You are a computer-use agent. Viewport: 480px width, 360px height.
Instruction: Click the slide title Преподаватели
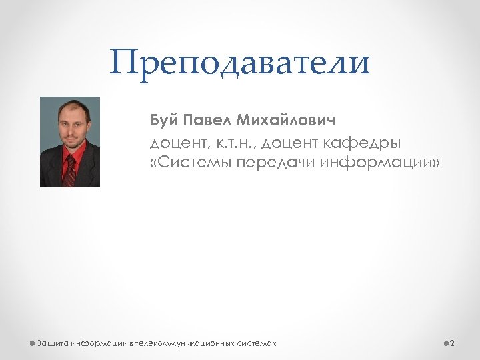point(240,63)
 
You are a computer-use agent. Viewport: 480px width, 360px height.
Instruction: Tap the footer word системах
point(257,343)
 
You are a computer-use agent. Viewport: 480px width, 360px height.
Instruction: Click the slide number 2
point(452,343)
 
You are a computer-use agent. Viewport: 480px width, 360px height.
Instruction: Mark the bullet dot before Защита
point(32,343)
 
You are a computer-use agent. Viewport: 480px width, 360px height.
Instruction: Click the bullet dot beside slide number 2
point(445,343)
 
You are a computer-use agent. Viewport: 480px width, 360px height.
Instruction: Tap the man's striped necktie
point(69,170)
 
